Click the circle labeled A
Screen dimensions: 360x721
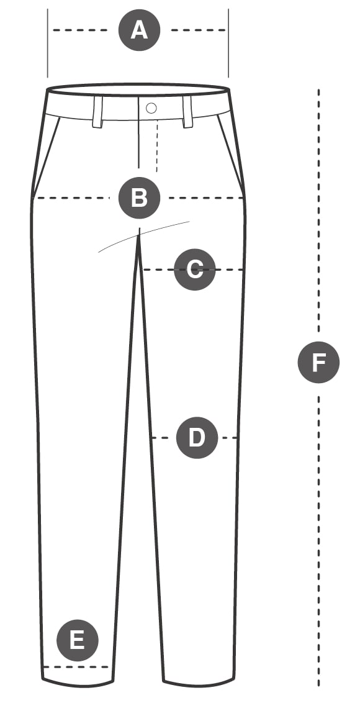tap(139, 30)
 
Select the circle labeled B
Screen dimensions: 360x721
tap(139, 198)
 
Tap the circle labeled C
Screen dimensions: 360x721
tap(195, 270)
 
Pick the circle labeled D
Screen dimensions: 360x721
tap(197, 438)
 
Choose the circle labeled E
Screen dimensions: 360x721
tap(77, 640)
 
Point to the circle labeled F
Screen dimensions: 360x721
tap(318, 362)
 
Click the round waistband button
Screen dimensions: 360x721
tap(151, 108)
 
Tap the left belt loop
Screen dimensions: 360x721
tap(97, 112)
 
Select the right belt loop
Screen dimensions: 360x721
tap(187, 112)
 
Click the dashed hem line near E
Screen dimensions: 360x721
tap(76, 667)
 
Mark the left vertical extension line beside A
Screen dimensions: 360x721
tap(47, 43)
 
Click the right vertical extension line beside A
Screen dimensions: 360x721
tap(228, 43)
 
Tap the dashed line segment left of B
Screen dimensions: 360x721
tap(73, 198)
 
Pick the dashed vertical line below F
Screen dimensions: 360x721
tap(318, 541)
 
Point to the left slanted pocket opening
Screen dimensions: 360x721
tap(47, 157)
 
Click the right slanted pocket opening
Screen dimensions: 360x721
tap(230, 154)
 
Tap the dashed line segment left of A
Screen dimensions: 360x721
tap(81, 30)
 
